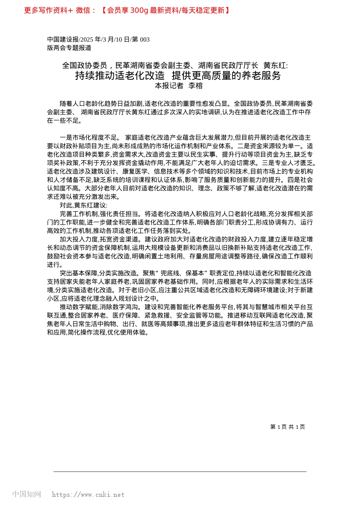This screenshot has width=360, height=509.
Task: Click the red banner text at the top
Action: (x=127, y=11)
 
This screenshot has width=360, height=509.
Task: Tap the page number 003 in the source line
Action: (x=145, y=39)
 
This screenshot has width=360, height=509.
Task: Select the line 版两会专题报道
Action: (x=69, y=48)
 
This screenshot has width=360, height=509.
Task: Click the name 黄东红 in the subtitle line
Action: (x=275, y=66)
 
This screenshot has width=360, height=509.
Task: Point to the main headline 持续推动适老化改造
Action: (x=120, y=75)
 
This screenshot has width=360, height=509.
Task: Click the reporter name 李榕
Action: (x=196, y=86)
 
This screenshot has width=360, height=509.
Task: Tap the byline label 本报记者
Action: (x=169, y=86)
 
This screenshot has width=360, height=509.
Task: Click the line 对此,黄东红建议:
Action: (x=83, y=205)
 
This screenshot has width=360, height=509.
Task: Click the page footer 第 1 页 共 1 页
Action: (x=288, y=427)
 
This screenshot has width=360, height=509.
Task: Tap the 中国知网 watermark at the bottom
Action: (x=27, y=494)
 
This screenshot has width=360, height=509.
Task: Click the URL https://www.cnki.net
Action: (x=88, y=495)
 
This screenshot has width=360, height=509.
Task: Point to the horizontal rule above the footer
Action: (x=180, y=472)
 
